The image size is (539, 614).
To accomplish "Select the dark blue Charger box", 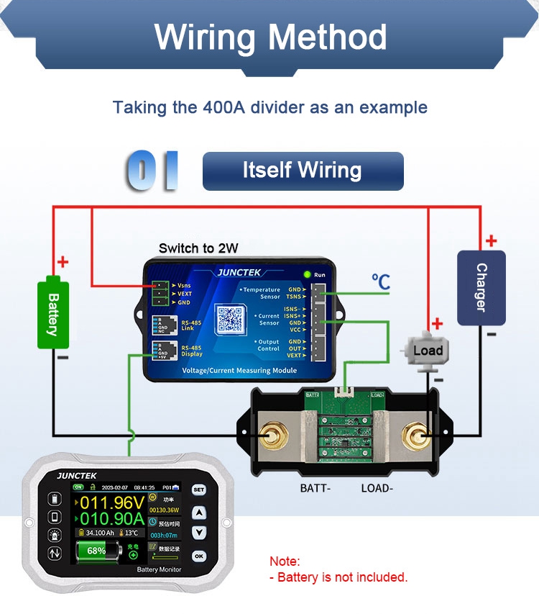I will click(x=481, y=287).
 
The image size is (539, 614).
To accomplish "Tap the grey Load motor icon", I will click(x=427, y=351).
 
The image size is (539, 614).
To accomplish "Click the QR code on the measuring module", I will click(x=231, y=320).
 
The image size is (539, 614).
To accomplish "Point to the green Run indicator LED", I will click(x=307, y=274).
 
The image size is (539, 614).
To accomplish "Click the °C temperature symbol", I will click(x=381, y=281).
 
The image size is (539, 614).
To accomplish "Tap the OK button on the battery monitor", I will click(x=199, y=556).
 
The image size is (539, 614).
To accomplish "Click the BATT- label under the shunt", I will click(x=315, y=488).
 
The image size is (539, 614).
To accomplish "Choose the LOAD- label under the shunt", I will click(x=377, y=488).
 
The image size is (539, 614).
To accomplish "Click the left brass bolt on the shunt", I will click(x=273, y=434).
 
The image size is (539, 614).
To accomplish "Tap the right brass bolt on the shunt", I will click(x=415, y=434).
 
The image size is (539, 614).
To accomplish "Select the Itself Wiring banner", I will click(x=303, y=171).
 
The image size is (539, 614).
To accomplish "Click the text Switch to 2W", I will click(x=198, y=248).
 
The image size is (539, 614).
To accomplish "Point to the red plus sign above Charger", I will click(x=491, y=241).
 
